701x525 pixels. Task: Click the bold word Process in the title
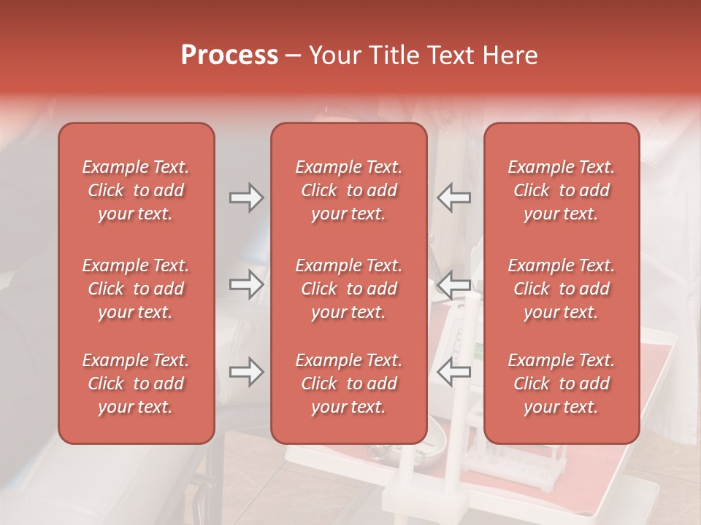(x=229, y=55)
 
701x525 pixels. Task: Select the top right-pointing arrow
(x=246, y=198)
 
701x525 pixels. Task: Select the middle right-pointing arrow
(x=246, y=284)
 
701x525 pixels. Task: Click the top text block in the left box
(x=136, y=190)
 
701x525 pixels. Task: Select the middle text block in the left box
(x=136, y=289)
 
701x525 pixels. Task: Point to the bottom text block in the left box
(x=136, y=384)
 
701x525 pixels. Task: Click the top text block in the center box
(x=348, y=190)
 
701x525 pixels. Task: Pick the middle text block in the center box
(x=348, y=289)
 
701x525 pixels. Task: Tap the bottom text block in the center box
(x=348, y=384)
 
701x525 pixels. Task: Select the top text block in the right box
(x=561, y=190)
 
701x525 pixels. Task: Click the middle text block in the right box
(x=561, y=289)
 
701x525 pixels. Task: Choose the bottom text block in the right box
(x=561, y=384)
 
